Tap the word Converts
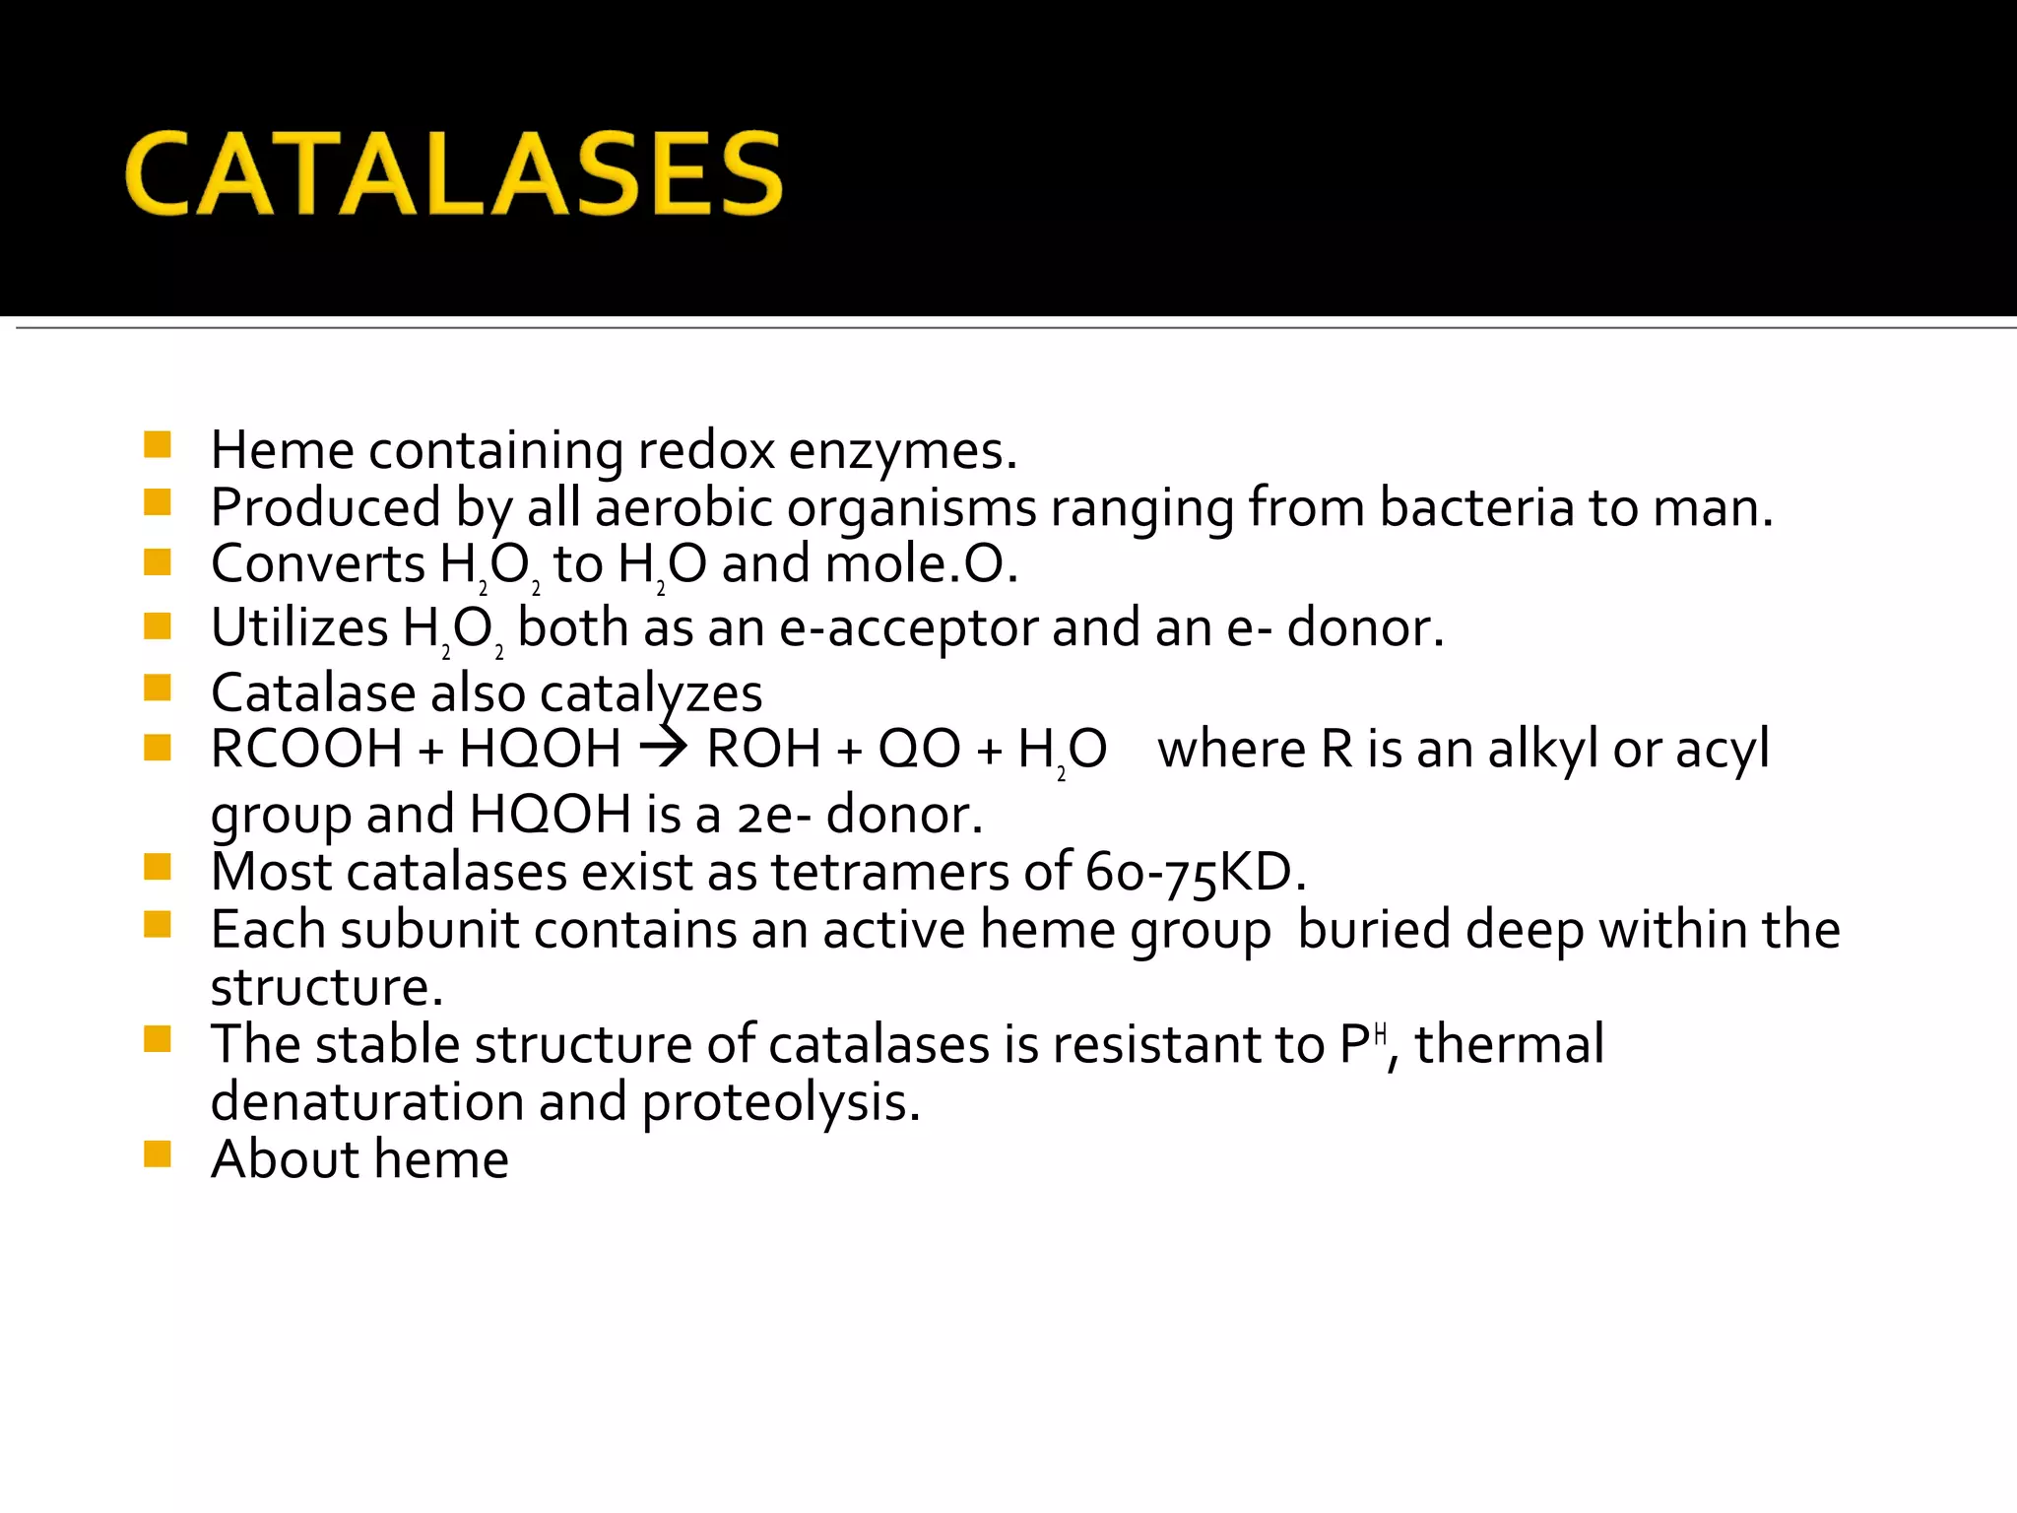[317, 564]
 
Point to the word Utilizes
[299, 627]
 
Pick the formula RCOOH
[306, 749]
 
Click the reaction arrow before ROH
[663, 749]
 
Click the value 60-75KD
[1195, 872]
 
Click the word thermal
[1510, 1044]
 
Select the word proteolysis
[781, 1101]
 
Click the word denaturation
[366, 1101]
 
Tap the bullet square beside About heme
[158, 1153]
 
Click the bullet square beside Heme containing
[158, 445]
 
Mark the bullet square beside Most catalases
[158, 867]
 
